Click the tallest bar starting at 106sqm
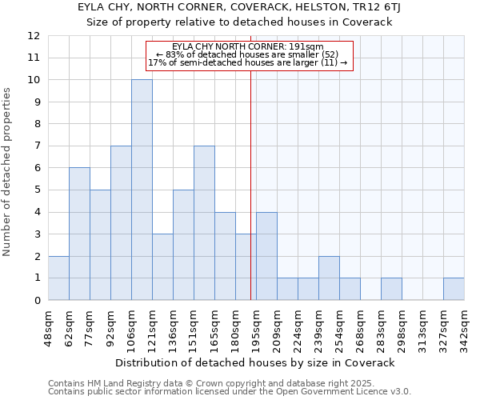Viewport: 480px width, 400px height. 142,190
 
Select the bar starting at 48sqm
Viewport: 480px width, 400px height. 58,278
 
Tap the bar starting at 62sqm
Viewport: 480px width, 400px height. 79,234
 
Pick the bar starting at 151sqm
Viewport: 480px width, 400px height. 204,222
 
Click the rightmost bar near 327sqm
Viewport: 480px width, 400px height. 454,289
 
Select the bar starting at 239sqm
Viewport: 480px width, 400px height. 329,278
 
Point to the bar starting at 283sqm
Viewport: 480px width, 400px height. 391,289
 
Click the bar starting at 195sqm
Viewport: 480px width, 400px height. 266,256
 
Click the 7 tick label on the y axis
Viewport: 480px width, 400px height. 36,146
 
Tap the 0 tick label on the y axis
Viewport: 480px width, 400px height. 36,300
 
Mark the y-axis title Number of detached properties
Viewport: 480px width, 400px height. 8,173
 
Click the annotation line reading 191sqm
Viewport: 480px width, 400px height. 249,46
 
